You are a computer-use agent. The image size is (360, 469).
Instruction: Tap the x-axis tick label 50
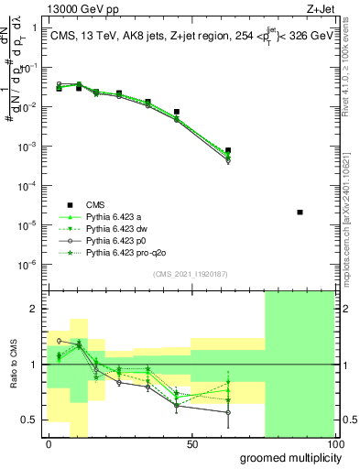click(192, 443)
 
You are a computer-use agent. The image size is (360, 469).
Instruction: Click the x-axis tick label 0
click(49, 443)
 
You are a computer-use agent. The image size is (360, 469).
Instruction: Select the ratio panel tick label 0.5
click(30, 420)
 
